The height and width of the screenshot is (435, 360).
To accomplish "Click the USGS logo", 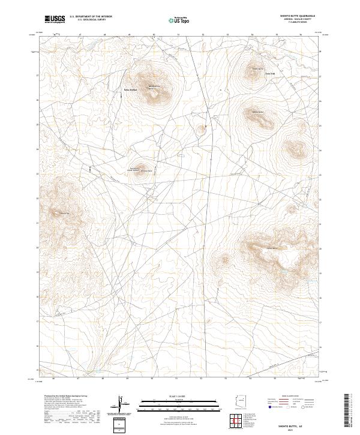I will [55, 19].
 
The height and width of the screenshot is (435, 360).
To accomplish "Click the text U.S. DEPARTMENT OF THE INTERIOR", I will [91, 16].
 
